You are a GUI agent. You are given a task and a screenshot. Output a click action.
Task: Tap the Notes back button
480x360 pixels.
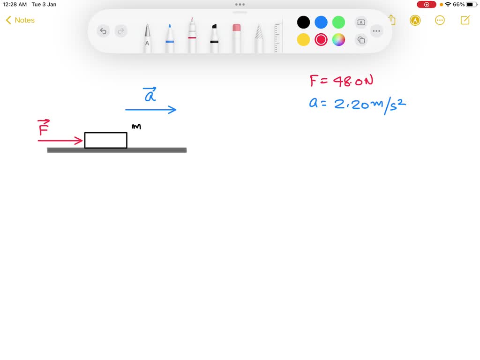[20, 20]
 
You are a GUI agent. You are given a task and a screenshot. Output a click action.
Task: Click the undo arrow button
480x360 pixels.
[103, 31]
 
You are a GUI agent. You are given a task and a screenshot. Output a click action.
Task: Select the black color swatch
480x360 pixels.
[303, 22]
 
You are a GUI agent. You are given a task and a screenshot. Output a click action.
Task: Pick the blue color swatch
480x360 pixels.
[321, 22]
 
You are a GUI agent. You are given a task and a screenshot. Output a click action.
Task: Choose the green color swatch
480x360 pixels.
[338, 22]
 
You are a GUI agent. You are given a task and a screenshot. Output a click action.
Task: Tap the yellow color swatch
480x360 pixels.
[303, 40]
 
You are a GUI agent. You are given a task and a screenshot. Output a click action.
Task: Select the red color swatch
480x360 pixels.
[321, 40]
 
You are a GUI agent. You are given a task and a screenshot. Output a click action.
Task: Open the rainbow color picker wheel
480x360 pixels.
[338, 40]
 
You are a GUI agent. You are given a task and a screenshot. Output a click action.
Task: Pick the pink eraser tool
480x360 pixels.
[236, 38]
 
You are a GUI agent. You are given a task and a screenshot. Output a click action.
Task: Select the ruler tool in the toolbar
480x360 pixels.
[277, 38]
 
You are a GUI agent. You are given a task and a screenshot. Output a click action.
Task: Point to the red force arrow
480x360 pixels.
[60, 141]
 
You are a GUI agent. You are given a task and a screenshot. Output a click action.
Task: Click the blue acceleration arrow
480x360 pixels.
[150, 110]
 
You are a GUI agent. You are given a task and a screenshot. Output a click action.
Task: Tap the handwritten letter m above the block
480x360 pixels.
[136, 127]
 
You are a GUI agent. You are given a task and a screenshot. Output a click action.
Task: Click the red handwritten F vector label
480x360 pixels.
[44, 127]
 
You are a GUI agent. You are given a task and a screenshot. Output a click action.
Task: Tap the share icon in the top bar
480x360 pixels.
[392, 20]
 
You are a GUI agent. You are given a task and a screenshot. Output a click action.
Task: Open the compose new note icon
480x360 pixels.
[465, 20]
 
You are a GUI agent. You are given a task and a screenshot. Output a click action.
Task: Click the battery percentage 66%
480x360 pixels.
[458, 4]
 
